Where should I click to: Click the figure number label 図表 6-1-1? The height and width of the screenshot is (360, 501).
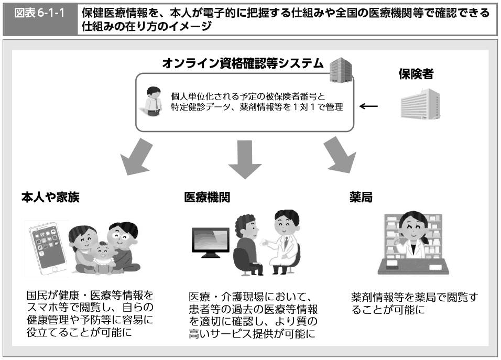point(40,13)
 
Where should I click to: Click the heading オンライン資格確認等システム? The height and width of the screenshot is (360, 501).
point(243,64)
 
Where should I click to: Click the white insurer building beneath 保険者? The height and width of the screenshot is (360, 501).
point(419,103)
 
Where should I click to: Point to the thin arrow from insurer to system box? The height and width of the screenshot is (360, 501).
point(368,106)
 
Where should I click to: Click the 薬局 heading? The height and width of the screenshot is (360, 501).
point(361,198)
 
